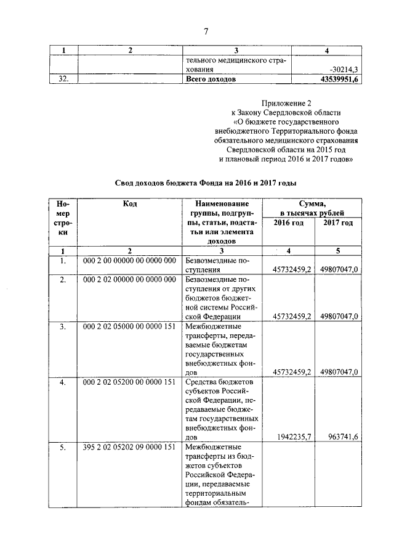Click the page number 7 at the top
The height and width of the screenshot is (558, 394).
click(206, 31)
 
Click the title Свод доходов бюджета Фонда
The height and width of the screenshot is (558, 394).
click(206, 183)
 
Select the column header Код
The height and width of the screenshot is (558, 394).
click(129, 204)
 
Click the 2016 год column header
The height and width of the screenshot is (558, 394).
click(288, 223)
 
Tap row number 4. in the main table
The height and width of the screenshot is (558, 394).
click(62, 383)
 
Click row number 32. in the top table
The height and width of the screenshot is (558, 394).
click(62, 80)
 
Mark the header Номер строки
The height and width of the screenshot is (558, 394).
click(62, 218)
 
